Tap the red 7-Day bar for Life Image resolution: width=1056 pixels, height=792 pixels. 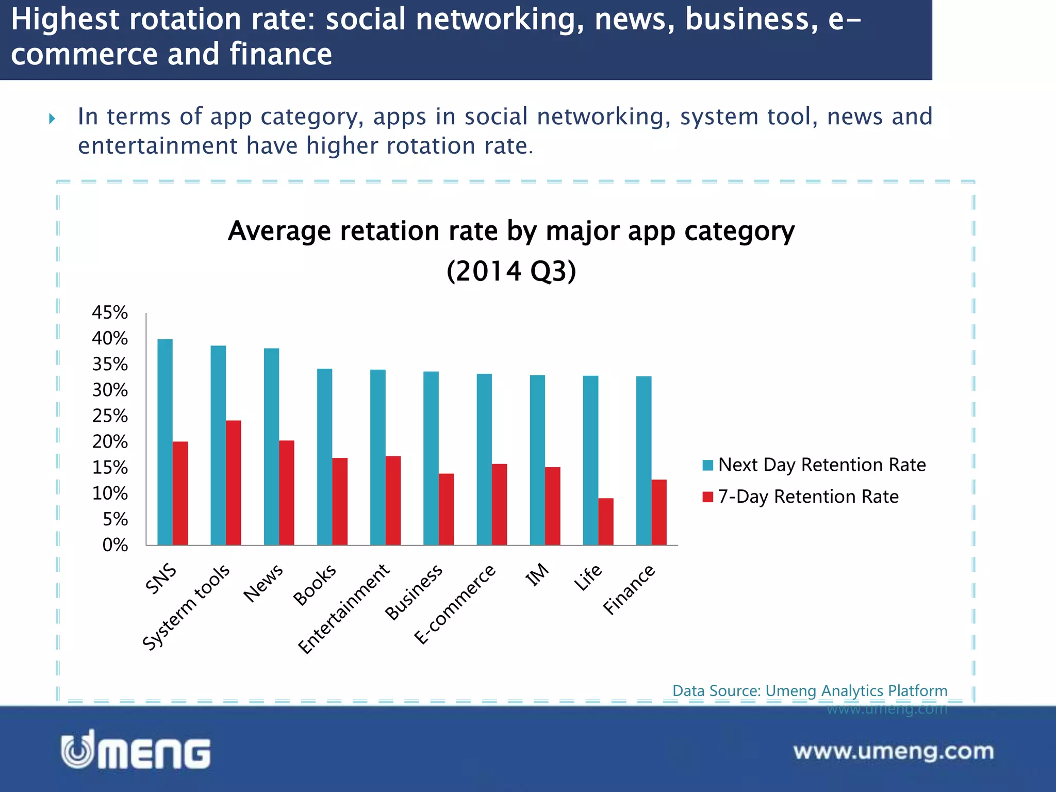click(x=606, y=521)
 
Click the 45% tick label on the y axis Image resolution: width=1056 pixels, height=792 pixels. click(x=110, y=312)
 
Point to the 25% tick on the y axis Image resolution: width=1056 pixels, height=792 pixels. click(x=110, y=416)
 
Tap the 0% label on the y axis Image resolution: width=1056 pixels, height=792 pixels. click(x=115, y=545)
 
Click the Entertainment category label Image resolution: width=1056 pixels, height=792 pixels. click(x=344, y=608)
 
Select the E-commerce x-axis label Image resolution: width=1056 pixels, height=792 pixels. click(x=455, y=604)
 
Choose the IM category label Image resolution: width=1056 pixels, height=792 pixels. click(x=537, y=574)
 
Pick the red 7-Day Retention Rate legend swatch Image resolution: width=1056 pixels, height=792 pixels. click(x=707, y=497)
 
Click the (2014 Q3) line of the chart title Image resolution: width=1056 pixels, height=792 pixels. click(x=511, y=271)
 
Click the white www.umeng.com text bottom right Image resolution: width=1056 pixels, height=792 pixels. click(x=893, y=751)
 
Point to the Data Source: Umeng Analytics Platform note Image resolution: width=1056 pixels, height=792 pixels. click(x=810, y=690)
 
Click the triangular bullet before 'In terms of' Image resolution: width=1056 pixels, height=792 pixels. click(x=52, y=119)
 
